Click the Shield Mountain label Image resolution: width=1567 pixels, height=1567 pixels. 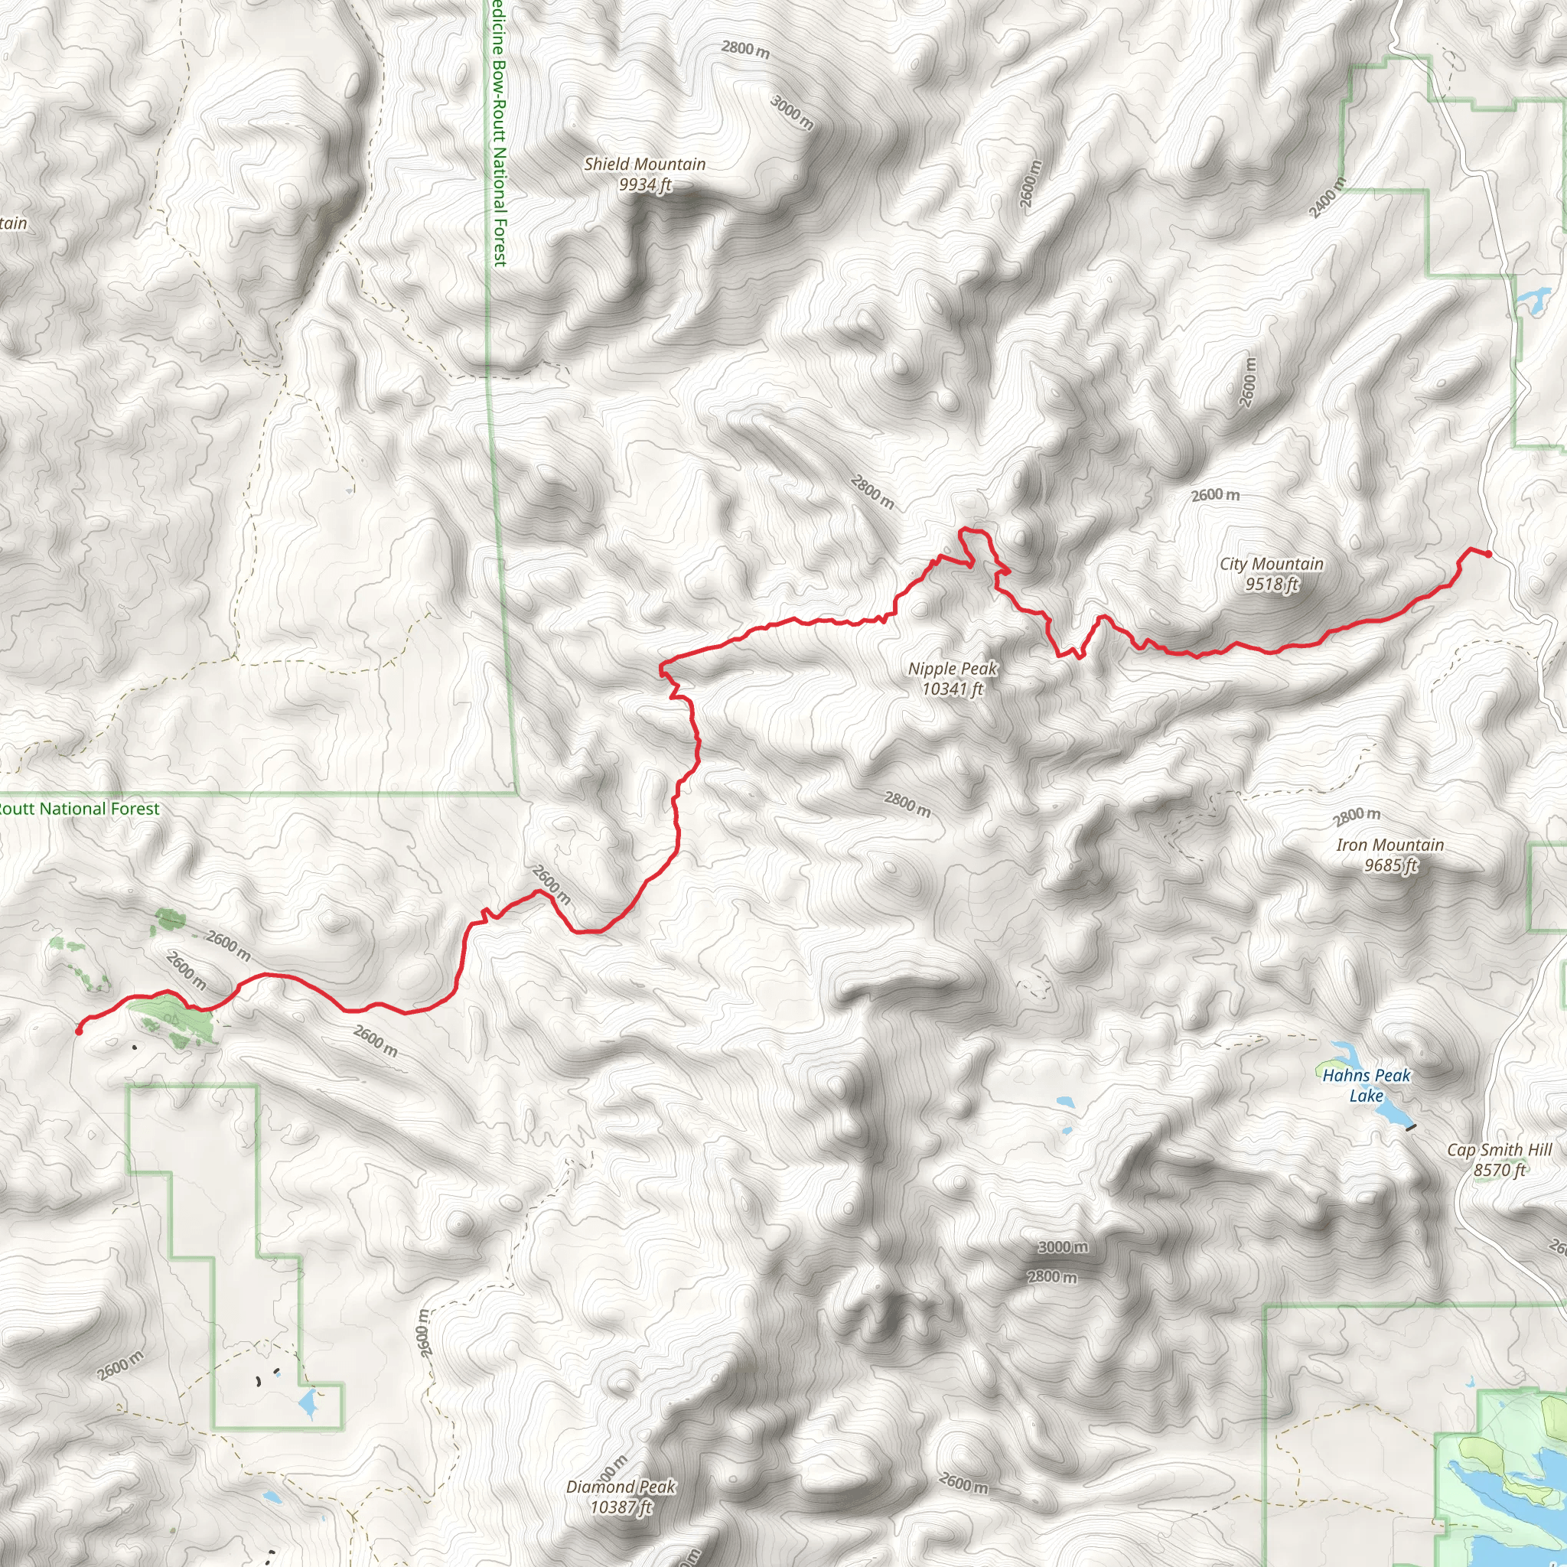click(x=645, y=164)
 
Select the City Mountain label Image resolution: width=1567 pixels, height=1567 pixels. click(x=1271, y=564)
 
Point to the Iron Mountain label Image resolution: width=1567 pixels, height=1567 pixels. click(x=1390, y=845)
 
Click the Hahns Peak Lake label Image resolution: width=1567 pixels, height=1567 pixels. click(x=1367, y=1085)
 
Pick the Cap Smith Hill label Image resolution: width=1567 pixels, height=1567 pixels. click(x=1499, y=1149)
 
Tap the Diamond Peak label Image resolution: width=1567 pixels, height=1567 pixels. click(x=621, y=1487)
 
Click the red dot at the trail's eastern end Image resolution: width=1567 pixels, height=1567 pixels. click(x=1488, y=554)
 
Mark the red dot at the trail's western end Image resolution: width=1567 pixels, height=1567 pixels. click(x=79, y=1031)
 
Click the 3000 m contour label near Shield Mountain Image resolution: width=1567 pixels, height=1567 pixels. click(x=792, y=112)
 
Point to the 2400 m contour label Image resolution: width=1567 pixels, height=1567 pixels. click(x=1327, y=197)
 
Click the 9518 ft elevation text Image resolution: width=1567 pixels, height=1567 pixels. click(x=1271, y=584)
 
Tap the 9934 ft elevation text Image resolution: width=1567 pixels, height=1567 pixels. click(x=645, y=185)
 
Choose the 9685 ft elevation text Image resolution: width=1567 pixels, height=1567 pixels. click(x=1390, y=865)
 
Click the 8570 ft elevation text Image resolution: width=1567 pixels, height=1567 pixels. click(x=1499, y=1170)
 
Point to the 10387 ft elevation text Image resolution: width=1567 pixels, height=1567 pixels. click(x=621, y=1507)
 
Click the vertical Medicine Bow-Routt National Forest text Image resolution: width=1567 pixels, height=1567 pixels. click(x=498, y=134)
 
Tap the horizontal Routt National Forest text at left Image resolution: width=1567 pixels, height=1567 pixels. click(x=80, y=809)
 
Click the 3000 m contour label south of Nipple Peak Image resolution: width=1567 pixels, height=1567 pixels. click(x=1063, y=1246)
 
